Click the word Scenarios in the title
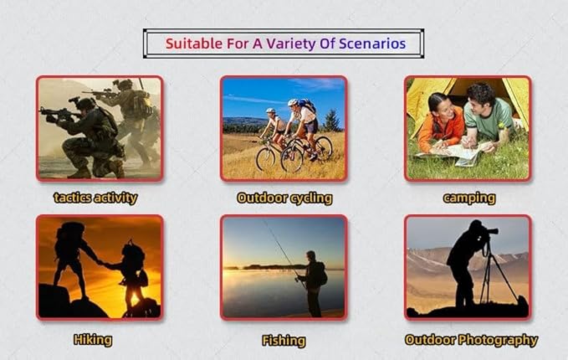point(372,44)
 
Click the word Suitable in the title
point(194,44)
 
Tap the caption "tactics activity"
point(95,198)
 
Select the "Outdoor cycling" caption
point(284,198)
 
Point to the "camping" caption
point(469,198)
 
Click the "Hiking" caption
point(93,340)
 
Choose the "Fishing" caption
point(284,341)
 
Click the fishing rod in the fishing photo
point(284,253)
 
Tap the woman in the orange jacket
point(441,122)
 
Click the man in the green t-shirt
point(488,116)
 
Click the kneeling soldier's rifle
point(59,114)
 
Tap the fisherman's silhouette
point(313,284)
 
